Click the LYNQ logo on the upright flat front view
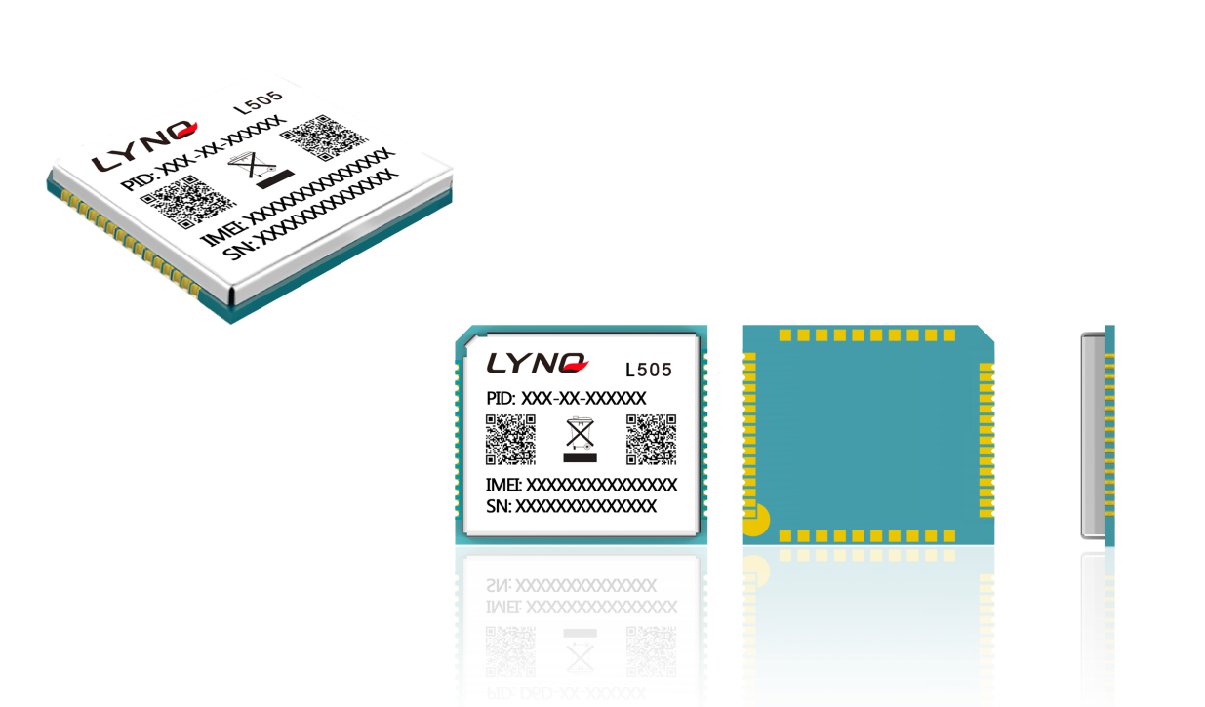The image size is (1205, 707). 537,364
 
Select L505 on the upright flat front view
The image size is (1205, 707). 648,371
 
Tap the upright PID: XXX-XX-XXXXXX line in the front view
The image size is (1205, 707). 566,399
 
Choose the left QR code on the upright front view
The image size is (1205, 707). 510,439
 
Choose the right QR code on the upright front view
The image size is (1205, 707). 651,439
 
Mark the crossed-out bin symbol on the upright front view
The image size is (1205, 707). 581,439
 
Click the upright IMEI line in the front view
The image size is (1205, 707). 581,485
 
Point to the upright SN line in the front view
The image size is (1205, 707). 571,506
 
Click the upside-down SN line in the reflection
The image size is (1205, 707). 571,585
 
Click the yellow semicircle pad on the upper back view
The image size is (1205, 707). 754,520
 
